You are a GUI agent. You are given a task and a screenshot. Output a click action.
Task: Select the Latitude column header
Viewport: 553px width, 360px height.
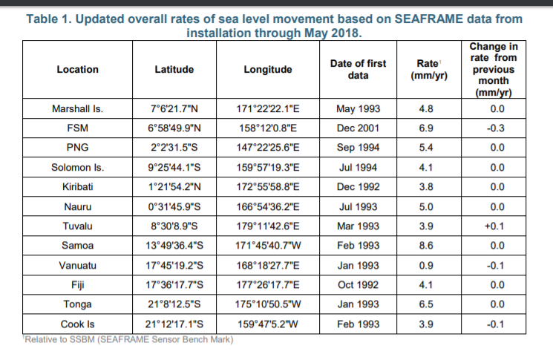174,70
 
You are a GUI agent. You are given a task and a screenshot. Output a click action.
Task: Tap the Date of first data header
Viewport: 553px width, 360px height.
358,70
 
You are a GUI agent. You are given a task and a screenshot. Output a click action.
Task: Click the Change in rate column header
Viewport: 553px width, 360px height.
493,70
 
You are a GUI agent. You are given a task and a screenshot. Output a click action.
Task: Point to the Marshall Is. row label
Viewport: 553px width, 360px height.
77,109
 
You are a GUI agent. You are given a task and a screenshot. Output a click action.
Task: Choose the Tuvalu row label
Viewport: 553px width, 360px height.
77,226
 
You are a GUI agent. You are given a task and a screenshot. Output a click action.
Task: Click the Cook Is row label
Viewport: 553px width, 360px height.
77,324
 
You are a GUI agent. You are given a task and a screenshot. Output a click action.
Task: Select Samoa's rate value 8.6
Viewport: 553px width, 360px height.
427,245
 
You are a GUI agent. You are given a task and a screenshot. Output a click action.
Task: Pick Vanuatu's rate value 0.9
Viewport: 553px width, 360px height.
427,265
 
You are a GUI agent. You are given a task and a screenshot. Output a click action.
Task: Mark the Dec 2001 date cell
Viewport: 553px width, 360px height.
358,128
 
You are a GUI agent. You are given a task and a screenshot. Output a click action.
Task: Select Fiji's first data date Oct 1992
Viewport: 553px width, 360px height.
358,284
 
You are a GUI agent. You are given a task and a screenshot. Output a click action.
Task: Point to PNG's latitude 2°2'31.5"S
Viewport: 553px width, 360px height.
174,148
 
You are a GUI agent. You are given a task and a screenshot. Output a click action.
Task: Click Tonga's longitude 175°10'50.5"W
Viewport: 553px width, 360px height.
267,304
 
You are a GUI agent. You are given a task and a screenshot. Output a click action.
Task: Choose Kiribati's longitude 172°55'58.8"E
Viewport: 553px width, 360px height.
267,187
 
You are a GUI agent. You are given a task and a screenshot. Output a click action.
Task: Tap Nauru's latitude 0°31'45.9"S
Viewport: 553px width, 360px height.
174,206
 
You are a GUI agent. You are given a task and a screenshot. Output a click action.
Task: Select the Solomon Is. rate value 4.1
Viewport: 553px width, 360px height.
427,167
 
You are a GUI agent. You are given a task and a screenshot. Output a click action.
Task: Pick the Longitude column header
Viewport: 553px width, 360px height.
267,70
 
